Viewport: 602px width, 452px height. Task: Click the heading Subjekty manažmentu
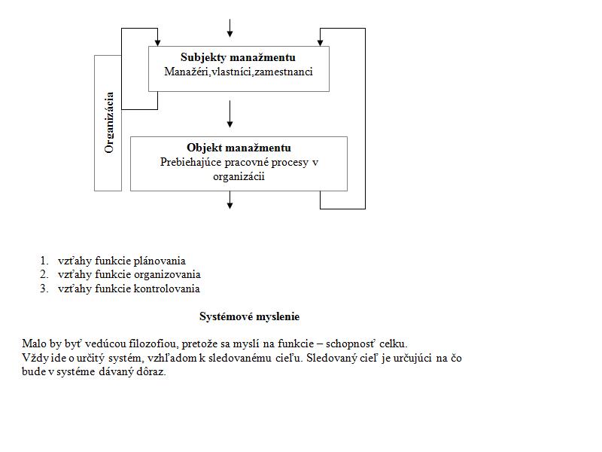point(238,58)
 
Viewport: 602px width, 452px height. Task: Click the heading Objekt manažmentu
point(239,148)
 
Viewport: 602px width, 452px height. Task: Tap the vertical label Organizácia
point(109,123)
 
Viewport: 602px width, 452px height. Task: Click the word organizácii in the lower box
point(239,177)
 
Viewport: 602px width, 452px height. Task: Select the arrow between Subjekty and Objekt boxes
point(230,115)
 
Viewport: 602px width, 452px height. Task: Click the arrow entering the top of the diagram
point(230,28)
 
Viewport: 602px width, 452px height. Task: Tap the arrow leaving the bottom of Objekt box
point(230,200)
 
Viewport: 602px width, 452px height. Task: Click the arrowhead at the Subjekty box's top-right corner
point(320,42)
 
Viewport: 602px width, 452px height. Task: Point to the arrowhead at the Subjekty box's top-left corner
point(157,42)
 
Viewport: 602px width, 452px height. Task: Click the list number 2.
point(44,274)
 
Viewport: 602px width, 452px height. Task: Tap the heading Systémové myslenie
point(250,316)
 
